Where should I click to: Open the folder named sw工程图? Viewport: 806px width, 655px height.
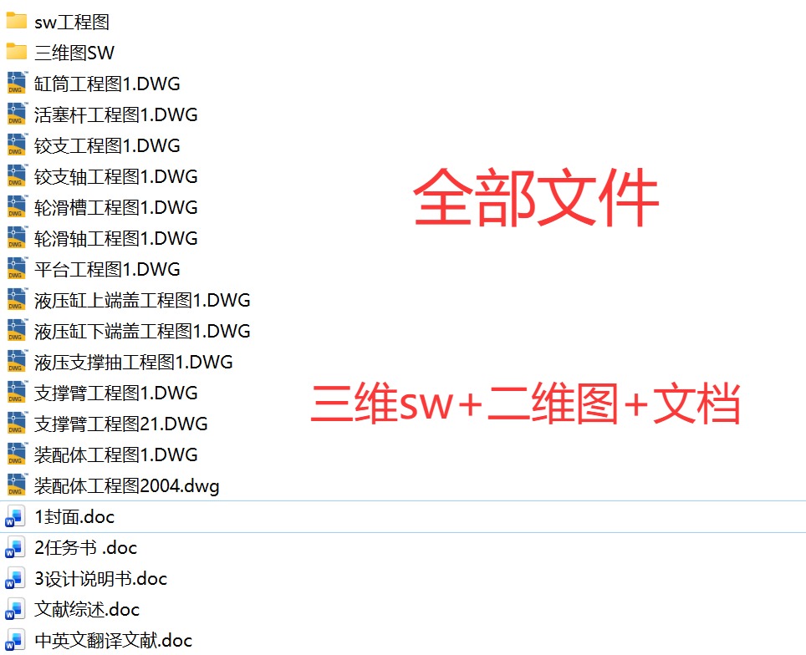pyautogui.click(x=72, y=22)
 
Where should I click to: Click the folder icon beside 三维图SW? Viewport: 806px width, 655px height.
pyautogui.click(x=17, y=53)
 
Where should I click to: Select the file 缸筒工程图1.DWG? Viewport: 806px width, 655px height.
pyautogui.click(x=107, y=84)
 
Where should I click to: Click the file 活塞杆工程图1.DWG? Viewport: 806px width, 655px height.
pyautogui.click(x=116, y=114)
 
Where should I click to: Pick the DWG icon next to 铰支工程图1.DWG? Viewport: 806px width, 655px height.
pyautogui.click(x=17, y=146)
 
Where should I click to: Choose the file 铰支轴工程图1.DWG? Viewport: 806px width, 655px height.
pyautogui.click(x=116, y=176)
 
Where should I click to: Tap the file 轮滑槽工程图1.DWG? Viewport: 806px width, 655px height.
pyautogui.click(x=116, y=207)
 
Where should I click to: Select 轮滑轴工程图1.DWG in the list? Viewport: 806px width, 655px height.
pyautogui.click(x=116, y=238)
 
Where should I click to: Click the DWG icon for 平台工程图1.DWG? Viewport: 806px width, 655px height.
pyautogui.click(x=17, y=270)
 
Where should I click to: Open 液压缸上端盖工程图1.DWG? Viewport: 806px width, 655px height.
pyautogui.click(x=142, y=300)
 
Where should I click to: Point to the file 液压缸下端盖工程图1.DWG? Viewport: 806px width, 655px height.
pyautogui.click(x=142, y=331)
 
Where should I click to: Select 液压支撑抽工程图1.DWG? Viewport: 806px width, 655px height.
pyautogui.click(x=134, y=362)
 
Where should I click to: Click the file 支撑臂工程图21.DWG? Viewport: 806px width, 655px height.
pyautogui.click(x=121, y=424)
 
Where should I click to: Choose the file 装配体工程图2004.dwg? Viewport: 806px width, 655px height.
pyautogui.click(x=127, y=485)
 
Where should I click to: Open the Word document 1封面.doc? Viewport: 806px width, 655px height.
pyautogui.click(x=74, y=517)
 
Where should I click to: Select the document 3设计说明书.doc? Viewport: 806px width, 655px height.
pyautogui.click(x=100, y=578)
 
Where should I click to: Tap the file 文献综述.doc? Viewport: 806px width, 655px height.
pyautogui.click(x=87, y=609)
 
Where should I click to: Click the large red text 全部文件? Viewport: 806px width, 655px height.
pyautogui.click(x=536, y=199)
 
